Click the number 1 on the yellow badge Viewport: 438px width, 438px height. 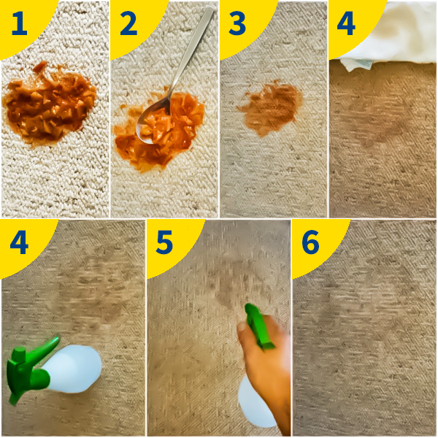point(19,25)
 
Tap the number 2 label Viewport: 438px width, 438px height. point(128,24)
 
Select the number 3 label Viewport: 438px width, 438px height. point(237,24)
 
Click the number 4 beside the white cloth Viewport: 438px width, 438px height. point(346,25)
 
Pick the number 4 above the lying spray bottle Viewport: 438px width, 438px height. point(19,243)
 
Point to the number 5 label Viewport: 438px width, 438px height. point(164,243)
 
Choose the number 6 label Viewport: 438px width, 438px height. point(310,243)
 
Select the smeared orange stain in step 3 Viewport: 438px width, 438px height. point(270,109)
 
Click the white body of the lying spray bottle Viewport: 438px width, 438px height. point(73,369)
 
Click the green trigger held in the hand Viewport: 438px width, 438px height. point(259,327)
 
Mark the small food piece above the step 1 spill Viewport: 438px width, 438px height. point(40,66)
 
